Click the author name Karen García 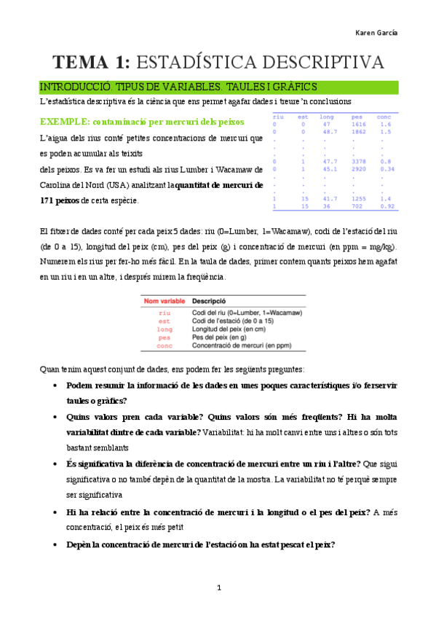380,34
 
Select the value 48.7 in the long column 329,132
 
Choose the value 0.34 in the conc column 387,169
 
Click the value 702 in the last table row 357,206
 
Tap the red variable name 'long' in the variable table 165,329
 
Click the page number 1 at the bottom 218,587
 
